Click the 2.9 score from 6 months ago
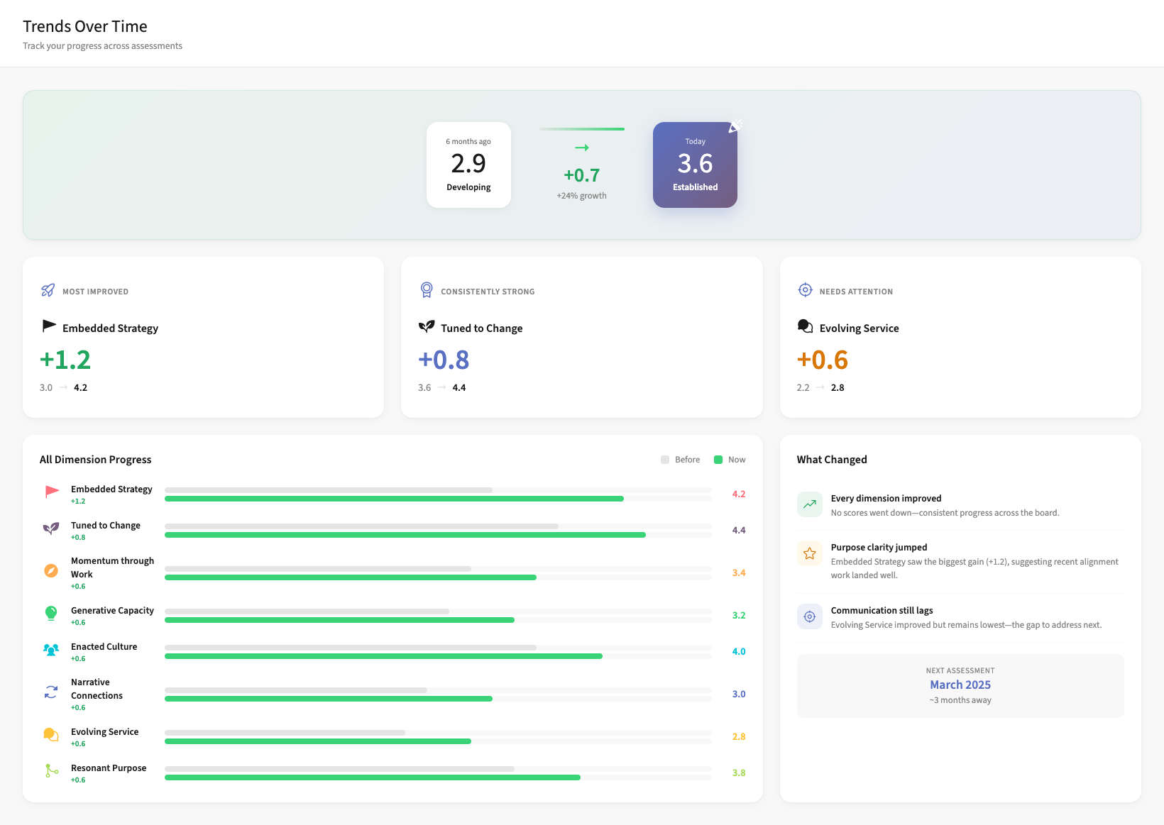pos(468,164)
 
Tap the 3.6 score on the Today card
pos(695,164)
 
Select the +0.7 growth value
pos(581,175)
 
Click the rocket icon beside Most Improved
pos(48,290)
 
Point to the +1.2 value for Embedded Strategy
pos(65,360)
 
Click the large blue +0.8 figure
pos(444,360)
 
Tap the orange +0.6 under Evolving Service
pos(823,360)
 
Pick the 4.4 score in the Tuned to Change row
pos(739,530)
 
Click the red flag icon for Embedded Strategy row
pos(52,492)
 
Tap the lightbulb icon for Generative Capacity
pos(51,614)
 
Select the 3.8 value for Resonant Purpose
pos(739,773)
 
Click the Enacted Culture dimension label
pos(104,647)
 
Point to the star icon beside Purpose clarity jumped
pos(809,553)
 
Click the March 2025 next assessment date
pos(960,685)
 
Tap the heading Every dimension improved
pos(886,499)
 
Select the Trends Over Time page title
pos(85,26)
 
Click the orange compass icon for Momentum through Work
pos(51,571)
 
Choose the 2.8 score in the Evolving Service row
pos(739,736)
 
